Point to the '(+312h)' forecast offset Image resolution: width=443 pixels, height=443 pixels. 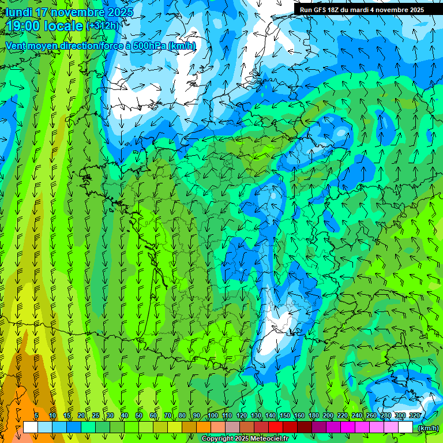point(103,25)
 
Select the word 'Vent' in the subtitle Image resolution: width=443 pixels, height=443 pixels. point(16,46)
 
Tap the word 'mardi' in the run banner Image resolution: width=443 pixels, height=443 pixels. point(362,10)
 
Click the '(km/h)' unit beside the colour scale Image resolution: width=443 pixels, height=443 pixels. point(427,427)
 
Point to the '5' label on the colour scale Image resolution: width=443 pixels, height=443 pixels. point(36,415)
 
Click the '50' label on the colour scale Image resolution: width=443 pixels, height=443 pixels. point(139,415)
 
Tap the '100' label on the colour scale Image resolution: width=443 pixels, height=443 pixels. point(212,415)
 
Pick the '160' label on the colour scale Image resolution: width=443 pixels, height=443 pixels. point(299,415)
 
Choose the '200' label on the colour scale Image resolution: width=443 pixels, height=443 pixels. point(328,415)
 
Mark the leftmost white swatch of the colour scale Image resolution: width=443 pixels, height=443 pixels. point(31,427)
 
